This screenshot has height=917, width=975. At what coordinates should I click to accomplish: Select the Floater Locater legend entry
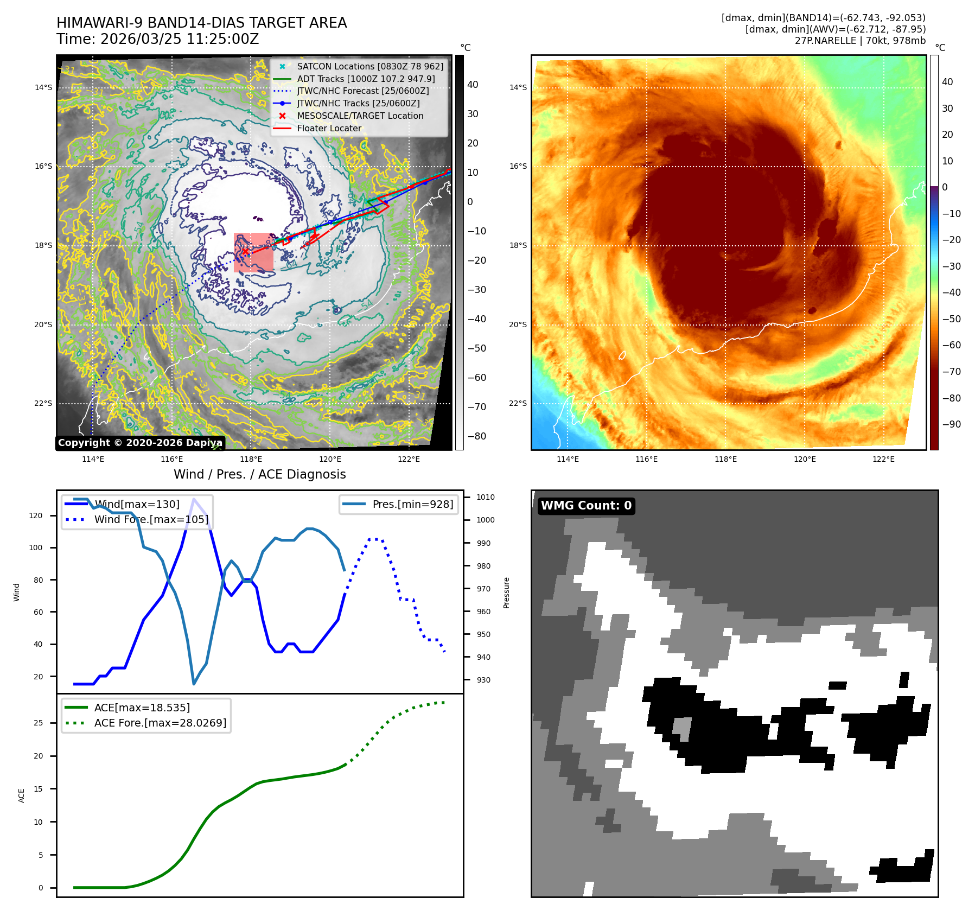[x=329, y=128]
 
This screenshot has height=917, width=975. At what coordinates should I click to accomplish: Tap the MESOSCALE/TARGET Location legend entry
[x=360, y=116]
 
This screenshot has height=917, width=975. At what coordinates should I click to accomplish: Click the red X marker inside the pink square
[x=245, y=251]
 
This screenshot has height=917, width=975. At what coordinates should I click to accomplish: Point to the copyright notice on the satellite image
[x=140, y=443]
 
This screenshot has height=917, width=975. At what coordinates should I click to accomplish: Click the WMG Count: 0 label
[x=586, y=506]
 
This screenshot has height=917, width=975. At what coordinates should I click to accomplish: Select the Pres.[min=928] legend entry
[x=412, y=504]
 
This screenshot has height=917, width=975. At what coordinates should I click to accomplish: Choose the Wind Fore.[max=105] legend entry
[x=151, y=519]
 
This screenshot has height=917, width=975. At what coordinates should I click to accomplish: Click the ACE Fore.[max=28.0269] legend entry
[x=160, y=723]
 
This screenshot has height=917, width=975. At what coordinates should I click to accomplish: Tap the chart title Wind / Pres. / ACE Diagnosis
[x=259, y=474]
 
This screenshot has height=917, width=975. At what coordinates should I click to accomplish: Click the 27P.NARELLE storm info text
[x=860, y=41]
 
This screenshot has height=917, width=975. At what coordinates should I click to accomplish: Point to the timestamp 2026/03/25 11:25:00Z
[x=180, y=39]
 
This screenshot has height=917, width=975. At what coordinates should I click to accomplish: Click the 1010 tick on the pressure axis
[x=485, y=497]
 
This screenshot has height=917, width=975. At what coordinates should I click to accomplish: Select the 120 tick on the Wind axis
[x=36, y=515]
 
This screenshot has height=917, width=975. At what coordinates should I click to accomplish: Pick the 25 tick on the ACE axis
[x=38, y=723]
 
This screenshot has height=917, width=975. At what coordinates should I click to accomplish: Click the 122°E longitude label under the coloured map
[x=883, y=459]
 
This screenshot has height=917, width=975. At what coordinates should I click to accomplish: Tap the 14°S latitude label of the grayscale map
[x=43, y=87]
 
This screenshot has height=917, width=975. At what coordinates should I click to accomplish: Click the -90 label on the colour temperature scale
[x=951, y=424]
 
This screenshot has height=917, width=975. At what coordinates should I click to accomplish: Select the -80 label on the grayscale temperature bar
[x=476, y=436]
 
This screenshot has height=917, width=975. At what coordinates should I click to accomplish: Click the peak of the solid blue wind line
[x=194, y=499]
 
